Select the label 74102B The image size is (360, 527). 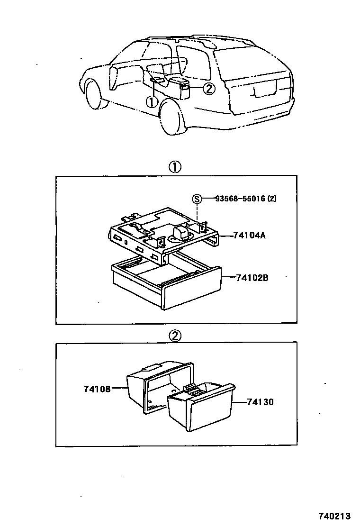[x=252, y=278]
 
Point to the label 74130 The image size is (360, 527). [x=261, y=402]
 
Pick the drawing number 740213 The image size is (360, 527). [x=337, y=515]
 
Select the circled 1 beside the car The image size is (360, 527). [x=151, y=101]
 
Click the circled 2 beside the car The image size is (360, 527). [x=209, y=88]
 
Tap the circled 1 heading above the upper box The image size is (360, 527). [x=175, y=167]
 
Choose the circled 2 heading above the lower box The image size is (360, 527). [x=175, y=336]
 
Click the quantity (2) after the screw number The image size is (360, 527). [x=271, y=199]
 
